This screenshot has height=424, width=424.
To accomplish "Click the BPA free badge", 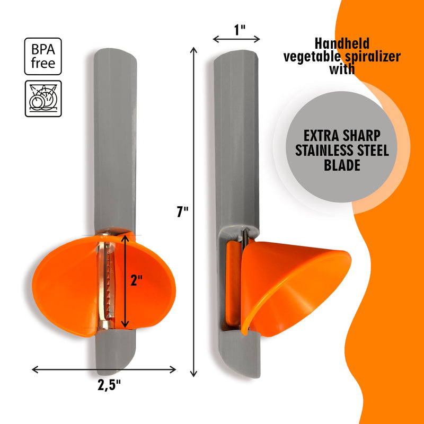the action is point(43,56).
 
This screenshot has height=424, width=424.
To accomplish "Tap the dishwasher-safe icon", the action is point(43,99).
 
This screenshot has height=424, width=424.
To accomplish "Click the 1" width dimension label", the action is point(240,30).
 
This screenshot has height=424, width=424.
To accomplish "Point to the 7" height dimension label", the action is point(182,211).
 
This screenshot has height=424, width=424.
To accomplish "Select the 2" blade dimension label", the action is point(136,280).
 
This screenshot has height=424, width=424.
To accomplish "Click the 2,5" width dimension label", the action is point(109,385).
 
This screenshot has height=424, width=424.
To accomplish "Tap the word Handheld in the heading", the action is point(342,43).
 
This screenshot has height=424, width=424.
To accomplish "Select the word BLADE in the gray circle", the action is point(342,165).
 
